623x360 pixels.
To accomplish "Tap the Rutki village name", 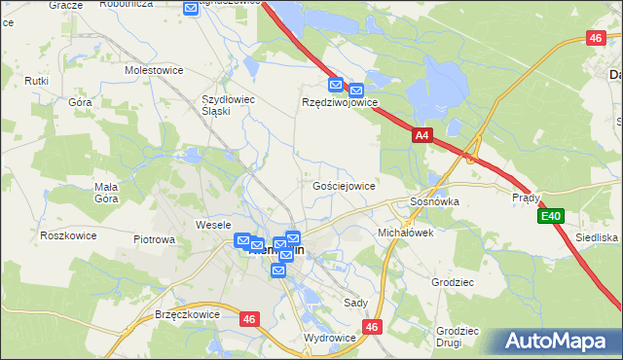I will pyautogui.click(x=38, y=81).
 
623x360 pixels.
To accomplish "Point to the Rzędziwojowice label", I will pyautogui.click(x=339, y=102).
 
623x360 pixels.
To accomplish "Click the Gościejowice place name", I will pyautogui.click(x=344, y=185).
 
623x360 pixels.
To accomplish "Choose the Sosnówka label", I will pyautogui.click(x=434, y=201).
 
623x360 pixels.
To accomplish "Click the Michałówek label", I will pyautogui.click(x=405, y=234).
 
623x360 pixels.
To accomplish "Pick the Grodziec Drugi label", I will pyautogui.click(x=457, y=337).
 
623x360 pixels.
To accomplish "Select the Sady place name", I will pyautogui.click(x=355, y=303).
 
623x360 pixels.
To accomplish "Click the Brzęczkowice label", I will pyautogui.click(x=187, y=314).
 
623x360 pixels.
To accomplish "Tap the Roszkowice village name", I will pyautogui.click(x=66, y=235).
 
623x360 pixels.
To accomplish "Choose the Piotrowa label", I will pyautogui.click(x=154, y=238).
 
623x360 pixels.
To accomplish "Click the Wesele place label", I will pyautogui.click(x=212, y=225).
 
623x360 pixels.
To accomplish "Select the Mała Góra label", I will pyautogui.click(x=106, y=193).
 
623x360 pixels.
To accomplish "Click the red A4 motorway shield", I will pyautogui.click(x=421, y=137).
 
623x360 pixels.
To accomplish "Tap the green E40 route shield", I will pyautogui.click(x=552, y=216).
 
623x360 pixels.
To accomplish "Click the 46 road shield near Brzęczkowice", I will pyautogui.click(x=250, y=317).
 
